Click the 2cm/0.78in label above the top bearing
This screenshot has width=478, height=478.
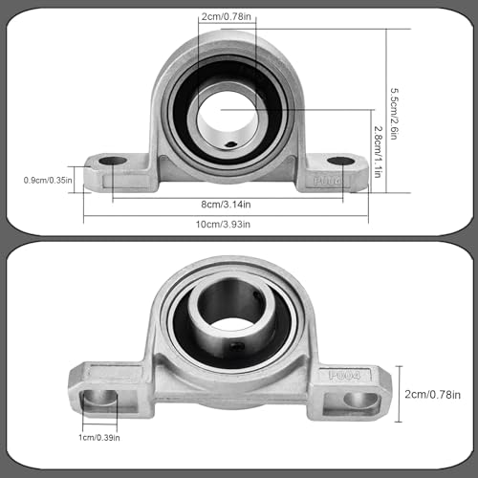pos(227,16)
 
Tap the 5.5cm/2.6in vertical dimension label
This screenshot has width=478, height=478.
pos(395,114)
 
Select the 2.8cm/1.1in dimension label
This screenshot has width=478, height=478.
pos(378,152)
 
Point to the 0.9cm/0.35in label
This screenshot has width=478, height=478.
pos(48,180)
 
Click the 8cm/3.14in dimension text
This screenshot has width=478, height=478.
pos(226,205)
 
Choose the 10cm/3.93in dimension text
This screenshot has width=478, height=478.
pos(223,225)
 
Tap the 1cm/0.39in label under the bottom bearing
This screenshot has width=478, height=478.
pos(99,438)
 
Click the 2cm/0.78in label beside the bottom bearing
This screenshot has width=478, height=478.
pos(432,395)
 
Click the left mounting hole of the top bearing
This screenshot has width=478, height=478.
pos(113,161)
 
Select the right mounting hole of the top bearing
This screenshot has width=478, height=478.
pos(341,161)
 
